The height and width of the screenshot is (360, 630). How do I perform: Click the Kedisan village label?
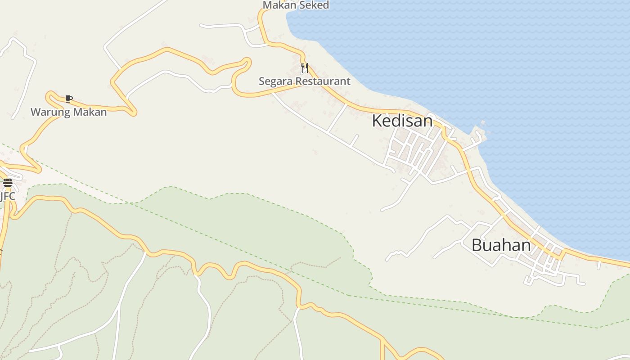tap(402, 121)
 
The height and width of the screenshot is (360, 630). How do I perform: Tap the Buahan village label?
tap(501, 245)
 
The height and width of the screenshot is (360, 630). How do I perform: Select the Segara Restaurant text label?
tap(304, 81)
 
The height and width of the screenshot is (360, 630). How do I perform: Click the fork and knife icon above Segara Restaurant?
tap(305, 68)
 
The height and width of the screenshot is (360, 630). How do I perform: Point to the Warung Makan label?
tap(68, 112)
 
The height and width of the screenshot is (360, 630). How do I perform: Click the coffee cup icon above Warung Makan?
tap(68, 99)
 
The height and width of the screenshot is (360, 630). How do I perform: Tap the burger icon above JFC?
tap(7, 182)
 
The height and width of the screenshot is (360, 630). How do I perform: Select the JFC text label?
tap(7, 196)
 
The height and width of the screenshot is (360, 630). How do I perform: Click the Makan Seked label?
tap(296, 5)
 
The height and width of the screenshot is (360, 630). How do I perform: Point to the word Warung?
tap(47, 112)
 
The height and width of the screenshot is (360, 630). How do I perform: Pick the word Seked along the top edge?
tap(315, 5)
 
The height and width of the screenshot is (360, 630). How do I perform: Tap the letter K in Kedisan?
tap(377, 121)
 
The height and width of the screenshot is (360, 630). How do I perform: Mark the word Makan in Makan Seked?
tap(279, 5)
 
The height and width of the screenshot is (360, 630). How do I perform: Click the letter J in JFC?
tap(1, 196)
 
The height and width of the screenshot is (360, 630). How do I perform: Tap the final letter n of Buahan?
tap(526, 246)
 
